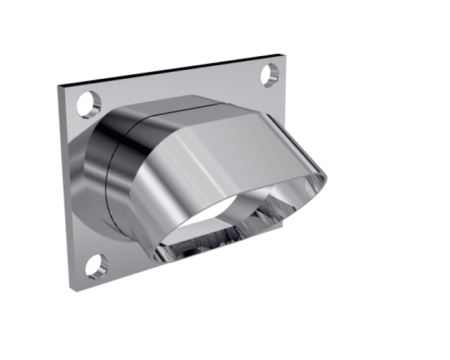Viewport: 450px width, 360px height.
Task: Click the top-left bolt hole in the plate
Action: coord(88,103)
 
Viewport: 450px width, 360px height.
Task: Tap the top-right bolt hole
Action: coord(271,75)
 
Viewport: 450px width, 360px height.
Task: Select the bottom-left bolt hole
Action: coord(96,265)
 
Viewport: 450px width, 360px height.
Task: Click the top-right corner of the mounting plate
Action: coord(279,55)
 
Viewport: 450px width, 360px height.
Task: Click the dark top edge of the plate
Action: coord(169,70)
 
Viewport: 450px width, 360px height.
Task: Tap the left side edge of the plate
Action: coord(63,186)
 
